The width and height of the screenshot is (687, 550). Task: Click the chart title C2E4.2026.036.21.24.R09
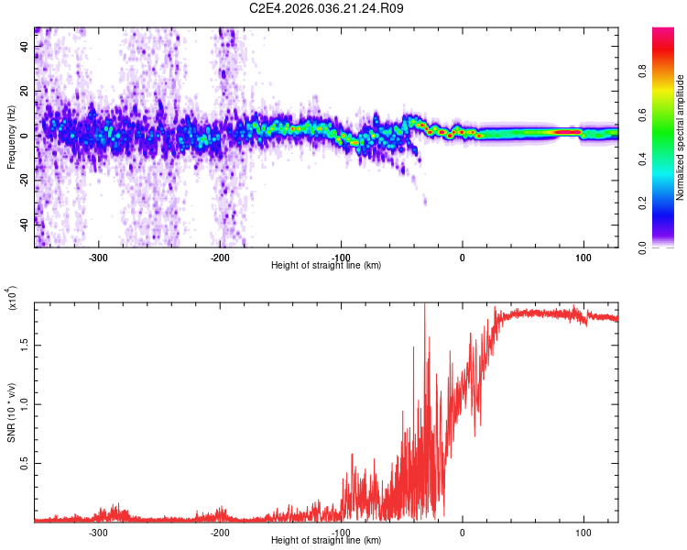click(x=327, y=8)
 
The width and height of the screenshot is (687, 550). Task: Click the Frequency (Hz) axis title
click(x=11, y=137)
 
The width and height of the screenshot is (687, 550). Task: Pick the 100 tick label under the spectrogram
click(x=583, y=257)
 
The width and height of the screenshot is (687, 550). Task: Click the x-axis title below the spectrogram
click(x=326, y=265)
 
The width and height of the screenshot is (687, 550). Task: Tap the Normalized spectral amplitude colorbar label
click(x=681, y=137)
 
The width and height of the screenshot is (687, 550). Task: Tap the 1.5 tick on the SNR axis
click(x=25, y=345)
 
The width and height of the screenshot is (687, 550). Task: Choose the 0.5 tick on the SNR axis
click(x=25, y=464)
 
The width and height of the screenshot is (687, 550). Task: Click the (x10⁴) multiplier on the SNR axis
click(x=11, y=300)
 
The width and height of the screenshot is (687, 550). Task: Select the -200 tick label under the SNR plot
click(x=220, y=532)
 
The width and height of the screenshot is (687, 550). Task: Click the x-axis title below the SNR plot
click(x=326, y=540)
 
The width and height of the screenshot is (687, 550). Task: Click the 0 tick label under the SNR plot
click(x=462, y=532)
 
